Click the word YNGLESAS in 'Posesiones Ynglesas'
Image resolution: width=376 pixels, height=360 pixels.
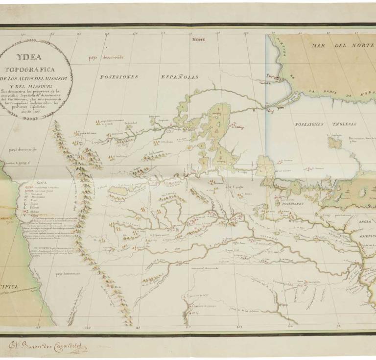click(x=339, y=124)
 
